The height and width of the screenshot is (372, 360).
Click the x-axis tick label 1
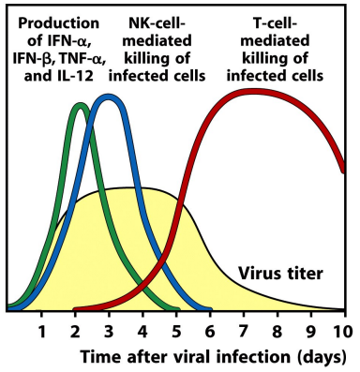(x=41, y=330)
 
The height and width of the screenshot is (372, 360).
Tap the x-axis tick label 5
(x=175, y=330)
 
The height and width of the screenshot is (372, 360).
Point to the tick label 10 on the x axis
(x=342, y=330)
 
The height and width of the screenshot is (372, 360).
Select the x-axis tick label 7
(x=243, y=330)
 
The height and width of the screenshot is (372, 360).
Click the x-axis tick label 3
(x=109, y=330)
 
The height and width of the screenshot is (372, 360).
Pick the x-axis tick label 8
(x=277, y=330)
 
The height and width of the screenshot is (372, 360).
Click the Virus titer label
(x=280, y=275)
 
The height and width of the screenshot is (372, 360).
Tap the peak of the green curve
(x=81, y=104)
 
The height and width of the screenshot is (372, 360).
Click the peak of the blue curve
(x=110, y=97)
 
